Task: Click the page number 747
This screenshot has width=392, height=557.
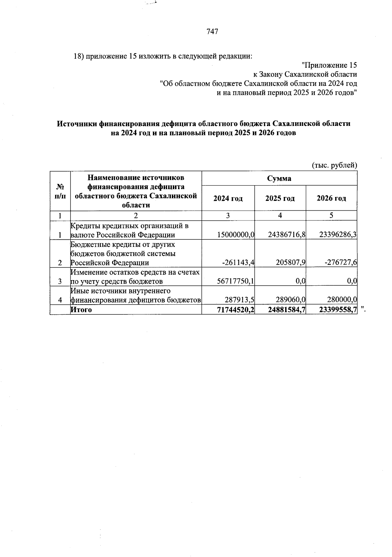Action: pyautogui.click(x=212, y=32)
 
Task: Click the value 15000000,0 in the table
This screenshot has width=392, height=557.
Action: pyautogui.click(x=236, y=235)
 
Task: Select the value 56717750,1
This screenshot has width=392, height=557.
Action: pyautogui.click(x=236, y=281)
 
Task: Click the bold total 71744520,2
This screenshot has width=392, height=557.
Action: pyautogui.click(x=236, y=309)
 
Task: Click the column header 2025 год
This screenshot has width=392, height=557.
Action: pyautogui.click(x=280, y=198)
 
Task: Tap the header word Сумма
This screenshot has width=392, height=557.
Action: pyautogui.click(x=279, y=179)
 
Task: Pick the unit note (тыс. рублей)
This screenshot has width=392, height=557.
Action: pyautogui.click(x=335, y=165)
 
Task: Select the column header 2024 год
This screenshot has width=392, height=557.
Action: pyautogui.click(x=228, y=198)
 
